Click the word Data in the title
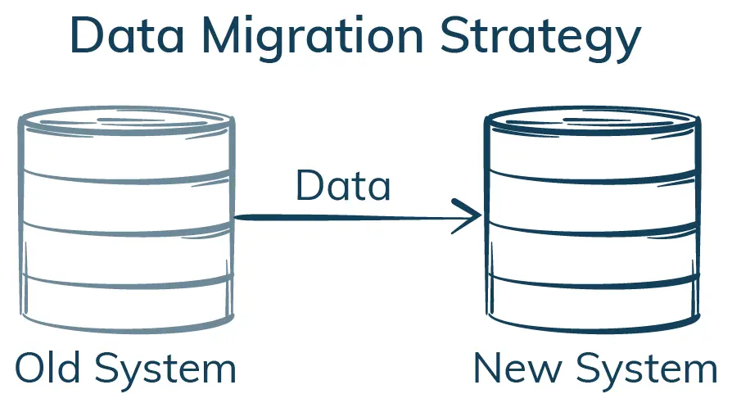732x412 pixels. (x=130, y=37)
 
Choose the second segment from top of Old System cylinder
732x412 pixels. (x=126, y=199)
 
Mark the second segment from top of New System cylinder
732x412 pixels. (x=592, y=199)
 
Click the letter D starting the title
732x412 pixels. (x=86, y=37)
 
